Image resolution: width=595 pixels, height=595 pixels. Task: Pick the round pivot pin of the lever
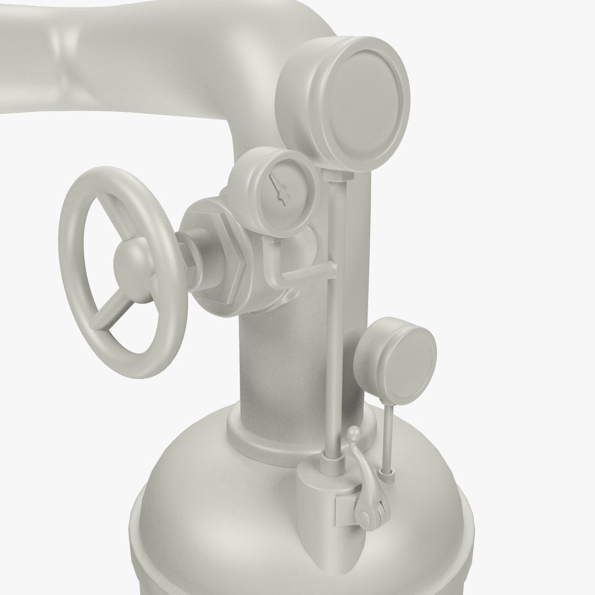(365, 516)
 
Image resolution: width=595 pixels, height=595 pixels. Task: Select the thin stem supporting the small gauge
(388, 435)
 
